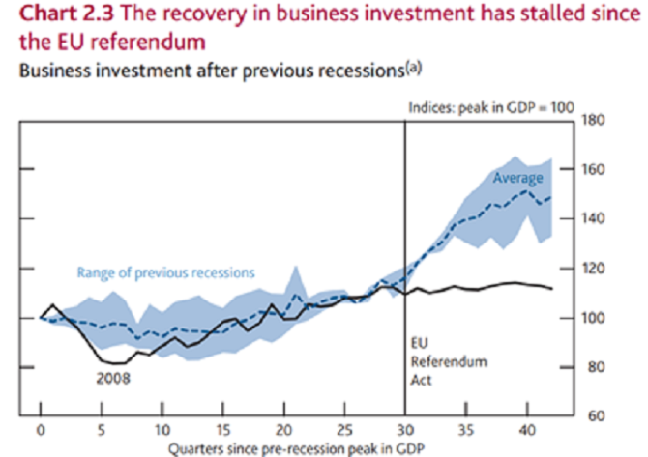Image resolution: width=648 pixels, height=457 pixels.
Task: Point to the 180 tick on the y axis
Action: (x=594, y=121)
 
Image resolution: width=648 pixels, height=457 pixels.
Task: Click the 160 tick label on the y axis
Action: (x=594, y=170)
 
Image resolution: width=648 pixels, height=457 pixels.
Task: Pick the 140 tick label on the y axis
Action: (x=594, y=219)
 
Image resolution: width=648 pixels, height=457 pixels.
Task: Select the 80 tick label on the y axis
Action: (x=594, y=367)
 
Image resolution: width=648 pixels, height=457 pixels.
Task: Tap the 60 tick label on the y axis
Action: (x=594, y=416)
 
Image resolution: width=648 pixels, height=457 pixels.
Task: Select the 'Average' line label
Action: (x=518, y=179)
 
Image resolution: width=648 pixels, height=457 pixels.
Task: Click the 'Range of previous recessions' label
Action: (x=166, y=272)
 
